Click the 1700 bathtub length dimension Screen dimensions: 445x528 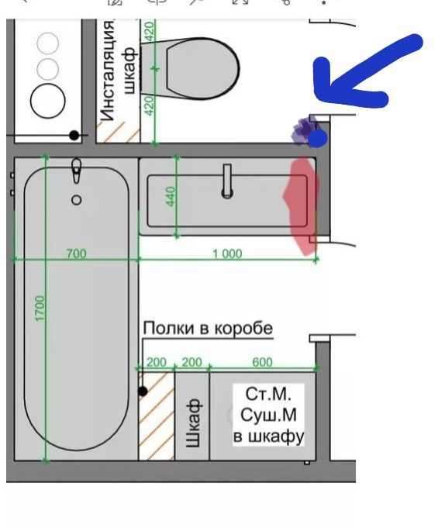40,309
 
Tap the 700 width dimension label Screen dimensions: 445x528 77,254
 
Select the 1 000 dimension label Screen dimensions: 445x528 227,254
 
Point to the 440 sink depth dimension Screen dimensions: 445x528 171,196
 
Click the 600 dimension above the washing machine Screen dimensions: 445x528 262,362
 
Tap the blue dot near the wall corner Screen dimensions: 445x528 317,139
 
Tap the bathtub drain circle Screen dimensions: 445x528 77,200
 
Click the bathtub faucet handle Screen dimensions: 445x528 77,171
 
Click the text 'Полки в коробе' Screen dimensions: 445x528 208,328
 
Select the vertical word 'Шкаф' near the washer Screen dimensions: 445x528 193,423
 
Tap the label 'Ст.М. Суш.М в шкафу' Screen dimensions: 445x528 268,415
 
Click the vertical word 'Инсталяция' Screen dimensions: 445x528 108,70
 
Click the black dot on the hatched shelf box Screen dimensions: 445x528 143,392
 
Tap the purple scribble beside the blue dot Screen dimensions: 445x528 304,131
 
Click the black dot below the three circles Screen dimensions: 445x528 74,136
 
